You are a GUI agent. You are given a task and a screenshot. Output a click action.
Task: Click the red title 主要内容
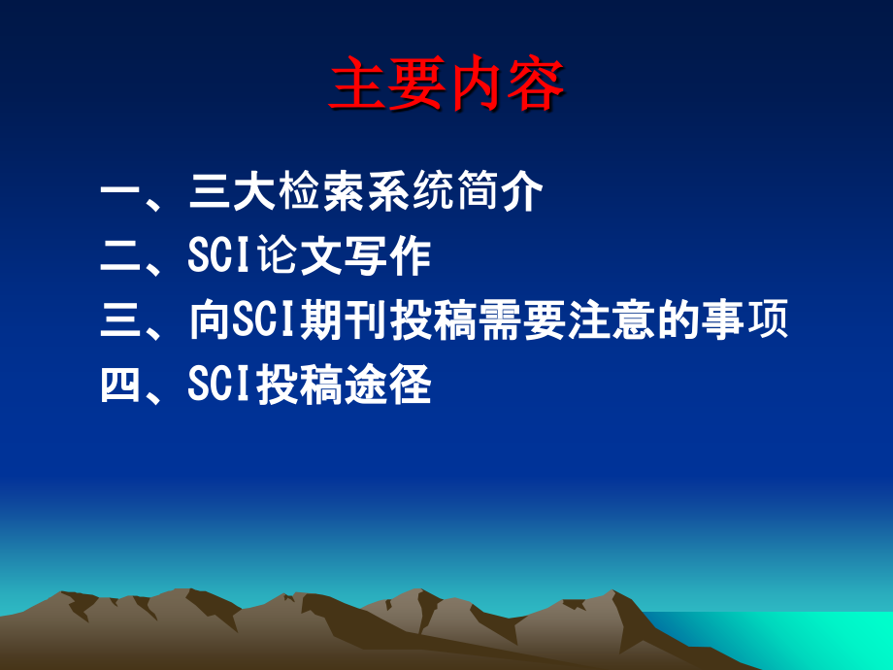pos(446,87)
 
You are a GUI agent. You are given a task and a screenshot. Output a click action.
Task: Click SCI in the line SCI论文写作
pos(221,257)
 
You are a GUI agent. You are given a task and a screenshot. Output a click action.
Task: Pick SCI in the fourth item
pos(221,385)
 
